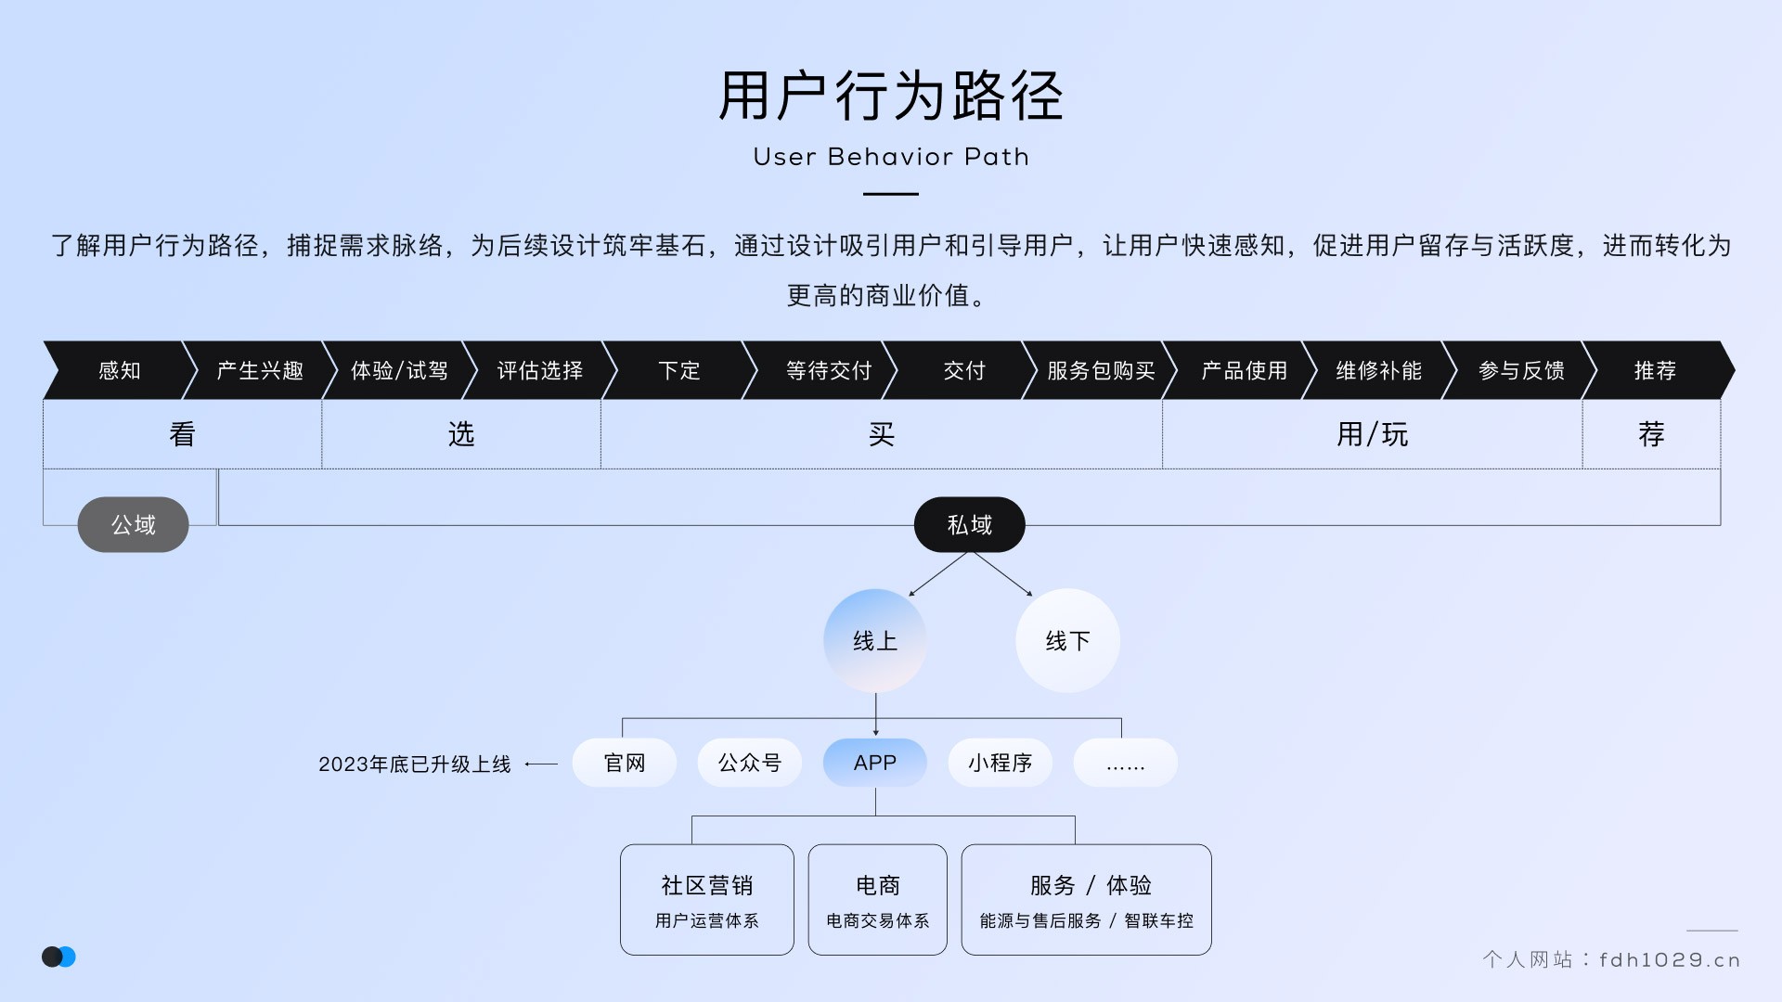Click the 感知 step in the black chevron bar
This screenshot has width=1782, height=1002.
coord(120,370)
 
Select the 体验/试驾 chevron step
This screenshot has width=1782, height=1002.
coord(399,370)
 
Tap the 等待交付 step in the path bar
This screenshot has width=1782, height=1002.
coord(828,370)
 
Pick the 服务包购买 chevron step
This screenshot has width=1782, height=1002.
coord(1101,370)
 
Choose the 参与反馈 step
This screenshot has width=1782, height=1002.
coord(1521,370)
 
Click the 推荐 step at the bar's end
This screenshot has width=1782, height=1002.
coord(1655,370)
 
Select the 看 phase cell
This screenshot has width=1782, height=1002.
coord(182,434)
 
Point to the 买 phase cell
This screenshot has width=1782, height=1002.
coord(881,434)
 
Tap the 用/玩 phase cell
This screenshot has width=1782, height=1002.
coord(1372,434)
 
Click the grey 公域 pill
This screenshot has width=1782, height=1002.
coord(134,525)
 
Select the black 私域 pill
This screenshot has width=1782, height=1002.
coord(969,525)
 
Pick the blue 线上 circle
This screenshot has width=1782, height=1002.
coord(874,641)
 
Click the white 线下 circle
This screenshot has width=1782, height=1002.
coord(1067,641)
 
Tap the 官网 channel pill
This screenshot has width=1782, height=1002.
coord(624,763)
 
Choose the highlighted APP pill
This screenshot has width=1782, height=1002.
coord(874,763)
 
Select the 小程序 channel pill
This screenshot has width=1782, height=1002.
coord(1000,763)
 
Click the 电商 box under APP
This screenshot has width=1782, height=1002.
coord(877,899)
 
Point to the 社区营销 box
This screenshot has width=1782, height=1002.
coord(706,899)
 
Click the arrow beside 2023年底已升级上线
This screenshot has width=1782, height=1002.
coord(541,764)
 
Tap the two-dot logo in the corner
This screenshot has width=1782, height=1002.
coord(58,957)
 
